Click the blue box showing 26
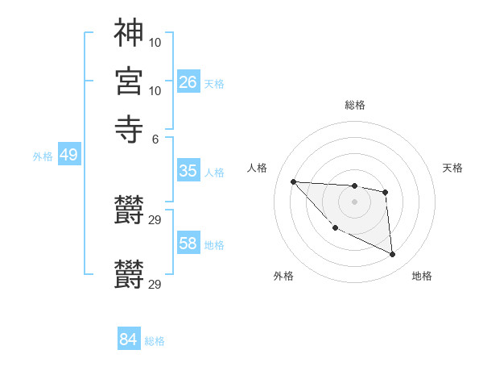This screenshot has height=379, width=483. (x=188, y=81)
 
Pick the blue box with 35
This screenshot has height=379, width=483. (x=188, y=171)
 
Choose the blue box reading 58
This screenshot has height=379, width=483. (x=188, y=244)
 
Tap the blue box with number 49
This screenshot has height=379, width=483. (x=68, y=155)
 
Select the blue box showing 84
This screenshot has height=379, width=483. (x=128, y=339)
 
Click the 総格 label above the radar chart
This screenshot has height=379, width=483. (x=354, y=105)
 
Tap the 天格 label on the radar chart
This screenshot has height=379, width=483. (x=453, y=168)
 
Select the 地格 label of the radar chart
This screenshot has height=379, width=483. (x=422, y=276)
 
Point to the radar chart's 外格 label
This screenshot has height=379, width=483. (x=283, y=276)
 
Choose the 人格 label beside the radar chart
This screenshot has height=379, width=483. (x=258, y=168)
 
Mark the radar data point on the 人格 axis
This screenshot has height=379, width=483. (x=294, y=181)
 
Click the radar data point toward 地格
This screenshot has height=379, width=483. (x=392, y=255)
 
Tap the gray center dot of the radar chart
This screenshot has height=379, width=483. (x=354, y=202)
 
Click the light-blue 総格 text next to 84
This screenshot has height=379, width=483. (x=155, y=341)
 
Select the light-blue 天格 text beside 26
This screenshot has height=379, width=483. (x=214, y=83)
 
